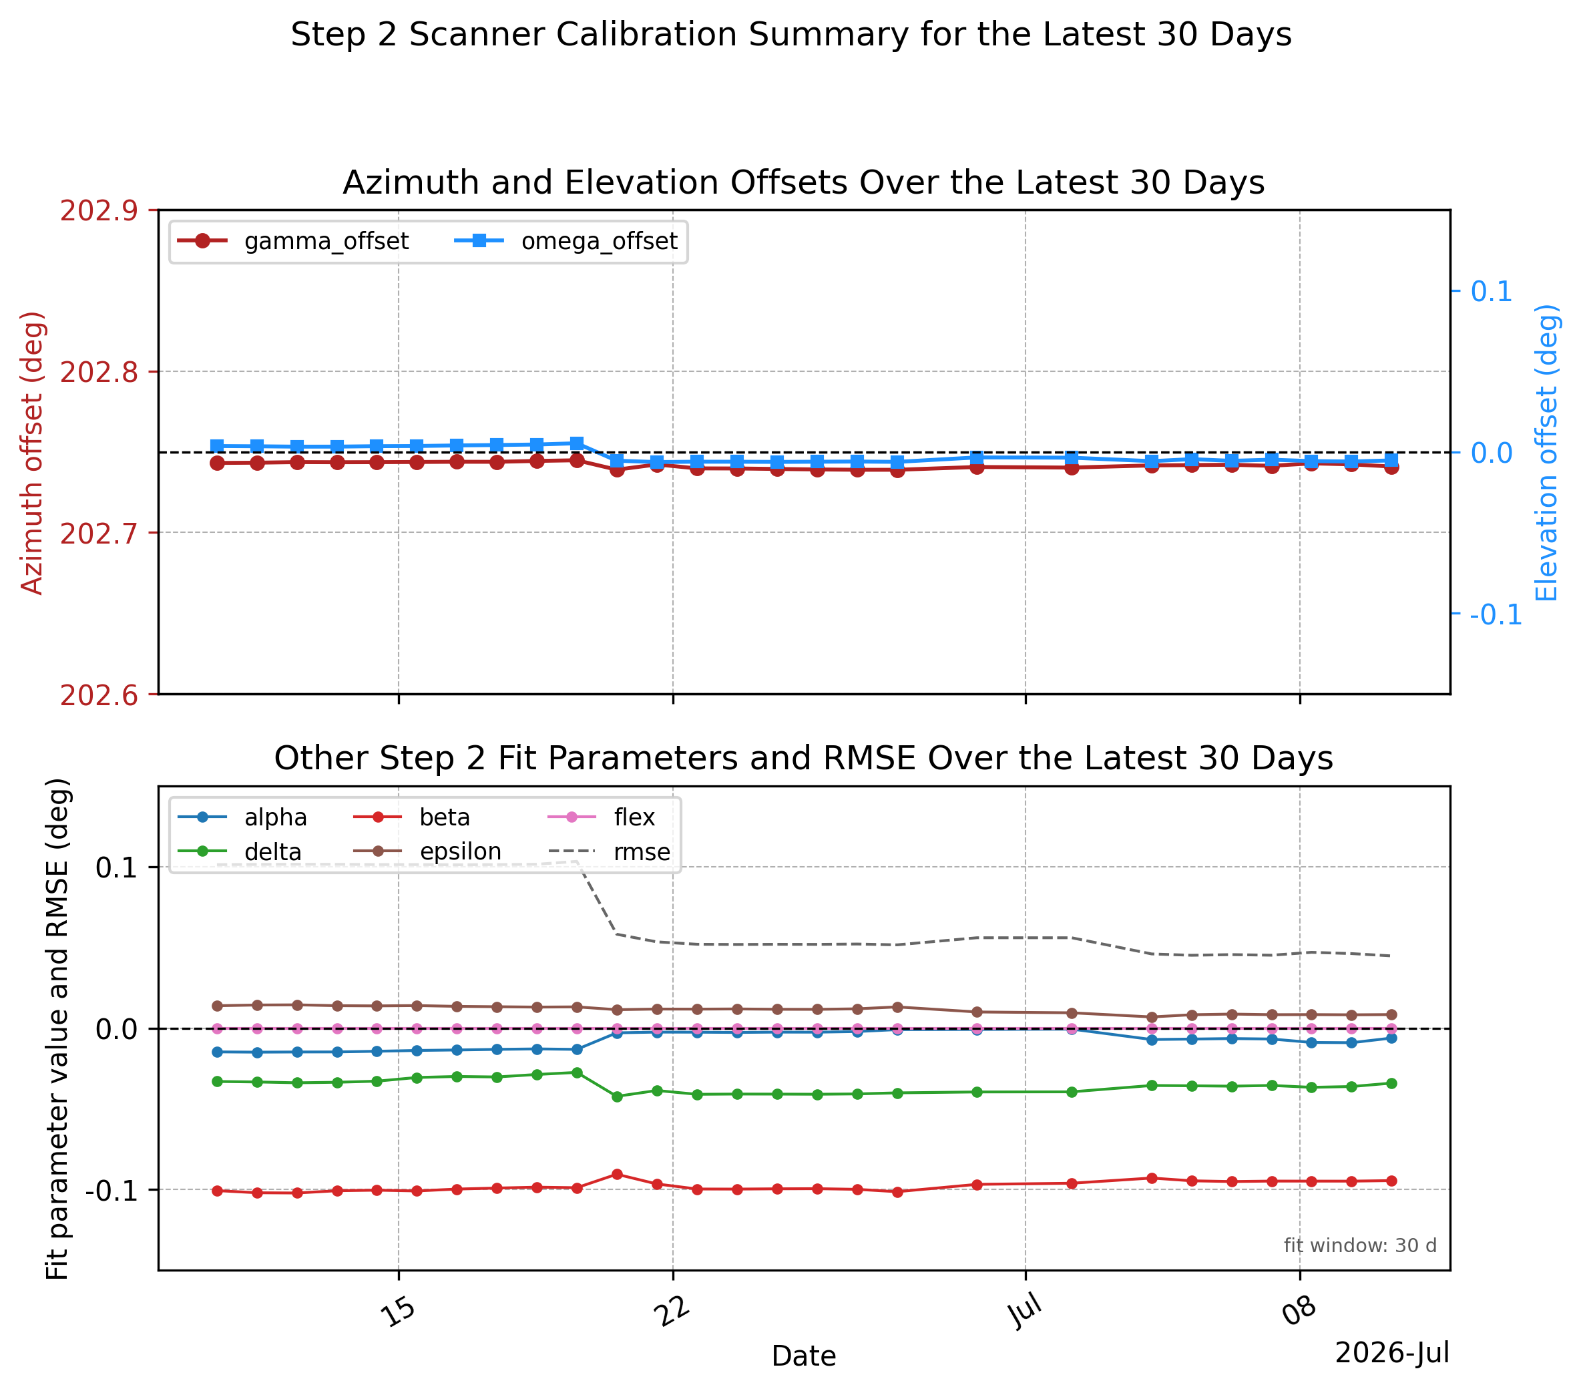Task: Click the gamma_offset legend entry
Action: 292,241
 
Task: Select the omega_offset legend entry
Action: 566,241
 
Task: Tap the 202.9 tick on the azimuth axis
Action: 98,210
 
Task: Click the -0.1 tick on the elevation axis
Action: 1496,614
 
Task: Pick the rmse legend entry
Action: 610,852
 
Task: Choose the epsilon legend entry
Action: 427,852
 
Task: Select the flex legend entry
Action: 602,817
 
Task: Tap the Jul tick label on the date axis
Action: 1026,1312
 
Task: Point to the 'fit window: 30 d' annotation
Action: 1360,1245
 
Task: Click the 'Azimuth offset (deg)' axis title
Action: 32,453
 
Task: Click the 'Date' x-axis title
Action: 804,1356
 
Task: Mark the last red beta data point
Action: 1391,1181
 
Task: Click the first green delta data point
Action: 218,1081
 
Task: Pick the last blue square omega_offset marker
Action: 1391,460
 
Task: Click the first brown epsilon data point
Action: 218,1006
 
